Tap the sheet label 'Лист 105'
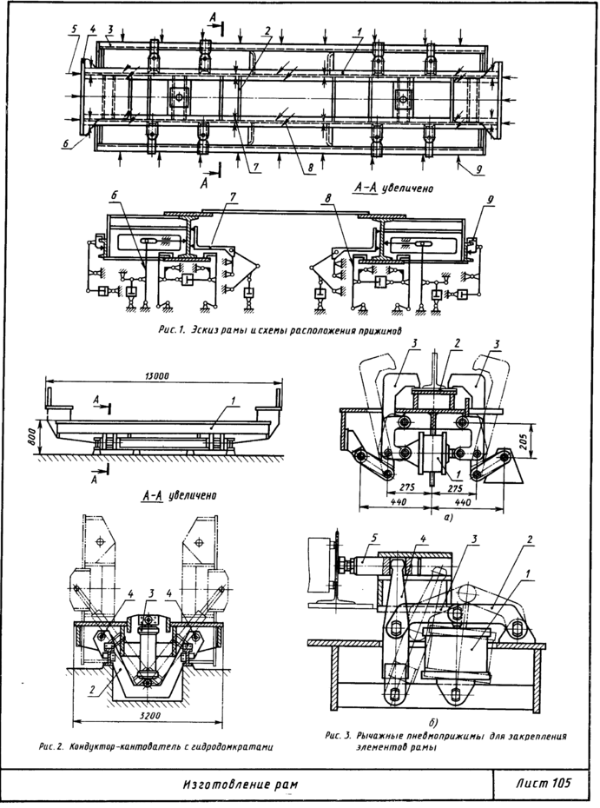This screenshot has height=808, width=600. pyautogui.click(x=544, y=784)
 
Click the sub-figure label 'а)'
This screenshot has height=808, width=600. pyautogui.click(x=423, y=515)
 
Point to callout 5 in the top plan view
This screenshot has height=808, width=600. pyautogui.click(x=74, y=29)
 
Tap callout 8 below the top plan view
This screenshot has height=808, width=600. pyautogui.click(x=308, y=170)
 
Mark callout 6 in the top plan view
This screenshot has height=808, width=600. pyautogui.click(x=66, y=145)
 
